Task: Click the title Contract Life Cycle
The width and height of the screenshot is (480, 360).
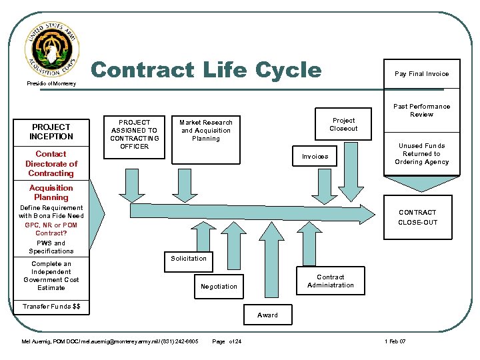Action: pos(205,70)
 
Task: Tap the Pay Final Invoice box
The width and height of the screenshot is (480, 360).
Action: pos(421,74)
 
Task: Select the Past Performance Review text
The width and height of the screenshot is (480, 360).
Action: pos(421,110)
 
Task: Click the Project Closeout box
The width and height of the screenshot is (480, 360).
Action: pos(343,125)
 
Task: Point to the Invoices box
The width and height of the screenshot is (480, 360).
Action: pos(315,157)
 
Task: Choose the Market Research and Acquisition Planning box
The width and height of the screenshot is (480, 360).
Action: pos(205,131)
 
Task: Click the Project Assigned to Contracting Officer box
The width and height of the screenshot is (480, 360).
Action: pos(134,135)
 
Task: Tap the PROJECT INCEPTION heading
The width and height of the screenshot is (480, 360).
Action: pos(51,131)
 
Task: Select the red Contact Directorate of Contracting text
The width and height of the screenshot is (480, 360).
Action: pos(51,163)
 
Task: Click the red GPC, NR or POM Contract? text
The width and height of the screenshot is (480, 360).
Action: pos(51,229)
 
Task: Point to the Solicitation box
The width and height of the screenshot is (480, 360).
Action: pos(189,259)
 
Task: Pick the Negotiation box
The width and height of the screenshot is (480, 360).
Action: pos(219,286)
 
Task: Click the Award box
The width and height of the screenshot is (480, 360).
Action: pos(267,315)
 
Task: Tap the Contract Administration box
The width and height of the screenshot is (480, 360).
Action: pos(330,281)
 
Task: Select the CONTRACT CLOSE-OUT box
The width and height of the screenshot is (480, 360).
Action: pos(417,217)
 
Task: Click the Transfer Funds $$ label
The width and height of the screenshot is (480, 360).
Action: pos(51,306)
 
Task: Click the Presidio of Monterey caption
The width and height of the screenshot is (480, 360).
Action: pos(51,84)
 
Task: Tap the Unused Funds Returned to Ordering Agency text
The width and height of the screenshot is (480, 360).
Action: pos(421,154)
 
